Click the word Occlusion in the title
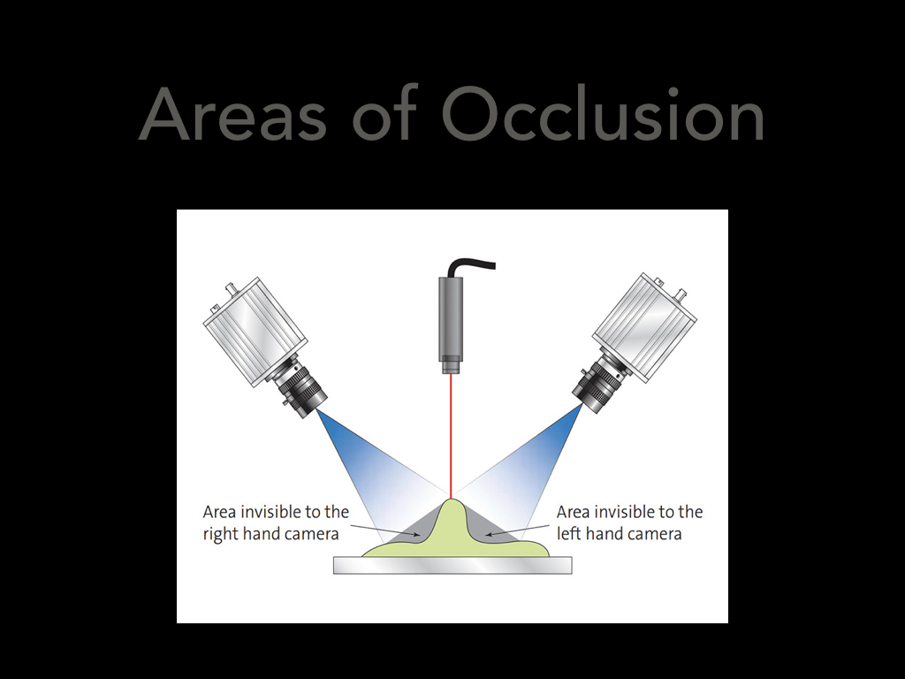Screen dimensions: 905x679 pyautogui.click(x=603, y=113)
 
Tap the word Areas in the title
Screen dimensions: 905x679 pyautogui.click(x=232, y=113)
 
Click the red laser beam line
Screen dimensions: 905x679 pyautogui.click(x=451, y=436)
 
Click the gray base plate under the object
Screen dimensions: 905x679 pyautogui.click(x=452, y=565)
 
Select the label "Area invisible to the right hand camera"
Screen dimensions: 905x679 pyautogui.click(x=276, y=523)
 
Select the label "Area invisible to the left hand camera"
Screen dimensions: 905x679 pyautogui.click(x=629, y=523)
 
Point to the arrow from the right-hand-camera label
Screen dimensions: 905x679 pyautogui.click(x=385, y=530)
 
